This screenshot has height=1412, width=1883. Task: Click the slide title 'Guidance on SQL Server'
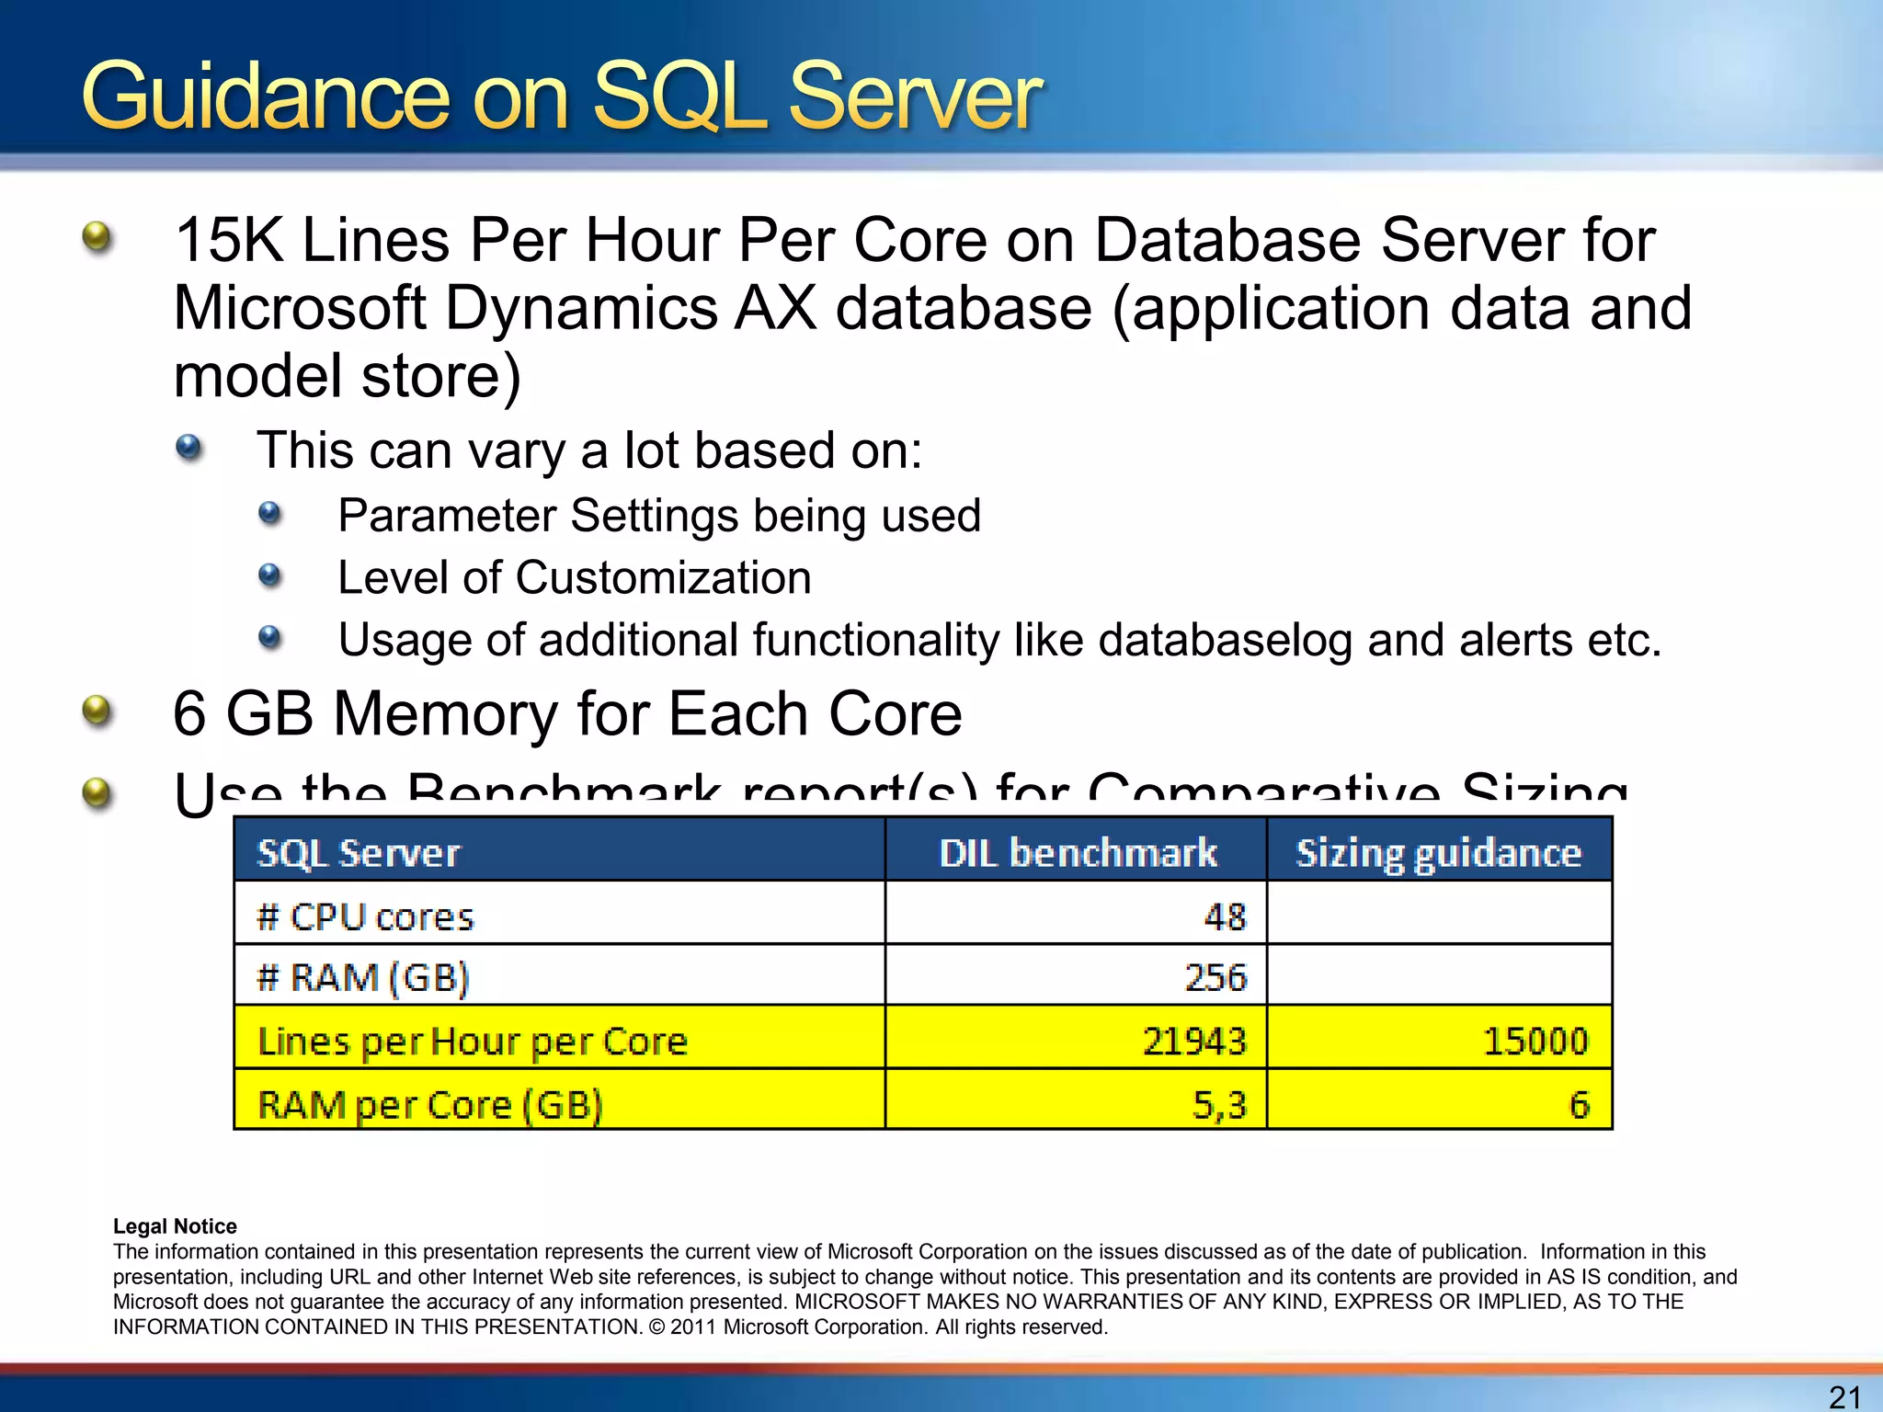click(x=561, y=97)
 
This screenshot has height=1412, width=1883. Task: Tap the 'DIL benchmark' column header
click(x=1078, y=853)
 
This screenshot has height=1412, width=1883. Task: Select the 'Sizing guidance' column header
click(x=1438, y=853)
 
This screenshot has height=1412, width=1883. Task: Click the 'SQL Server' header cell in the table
click(x=359, y=853)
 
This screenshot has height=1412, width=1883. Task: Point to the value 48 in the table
click(x=1225, y=917)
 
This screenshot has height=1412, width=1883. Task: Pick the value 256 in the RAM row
click(x=1215, y=977)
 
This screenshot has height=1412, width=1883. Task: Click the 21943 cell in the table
click(x=1194, y=1042)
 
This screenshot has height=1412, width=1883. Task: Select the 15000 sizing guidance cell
click(x=1535, y=1042)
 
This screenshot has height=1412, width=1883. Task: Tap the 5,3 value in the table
click(x=1218, y=1104)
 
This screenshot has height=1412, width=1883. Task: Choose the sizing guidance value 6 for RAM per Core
click(x=1579, y=1104)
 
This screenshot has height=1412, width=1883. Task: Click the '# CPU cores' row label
click(x=366, y=917)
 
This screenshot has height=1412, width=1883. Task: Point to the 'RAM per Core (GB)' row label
click(x=430, y=1104)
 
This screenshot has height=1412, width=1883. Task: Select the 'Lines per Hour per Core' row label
click(x=473, y=1042)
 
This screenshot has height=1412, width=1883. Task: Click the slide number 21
click(x=1844, y=1396)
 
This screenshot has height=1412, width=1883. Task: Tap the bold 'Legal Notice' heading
click(x=175, y=1226)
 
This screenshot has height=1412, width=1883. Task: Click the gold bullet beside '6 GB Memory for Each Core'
click(x=97, y=712)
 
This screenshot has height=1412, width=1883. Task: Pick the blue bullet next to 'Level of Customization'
click(x=269, y=576)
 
